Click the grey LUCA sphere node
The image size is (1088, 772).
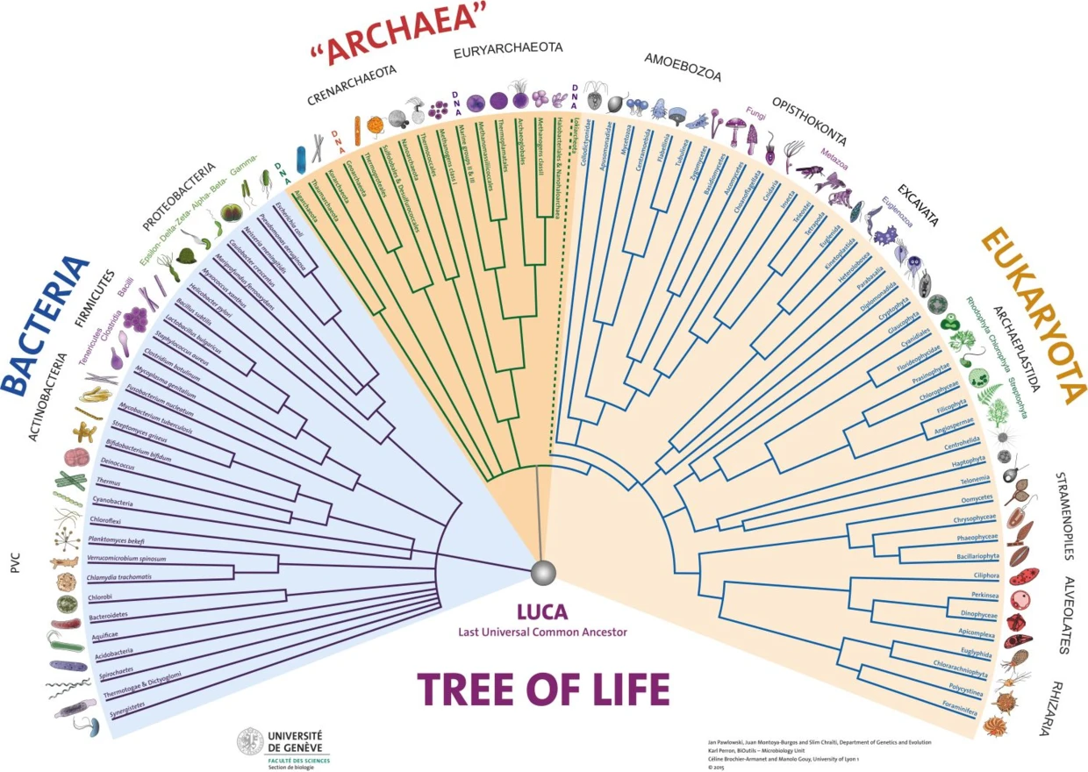point(543,573)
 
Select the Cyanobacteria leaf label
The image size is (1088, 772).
point(112,503)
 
